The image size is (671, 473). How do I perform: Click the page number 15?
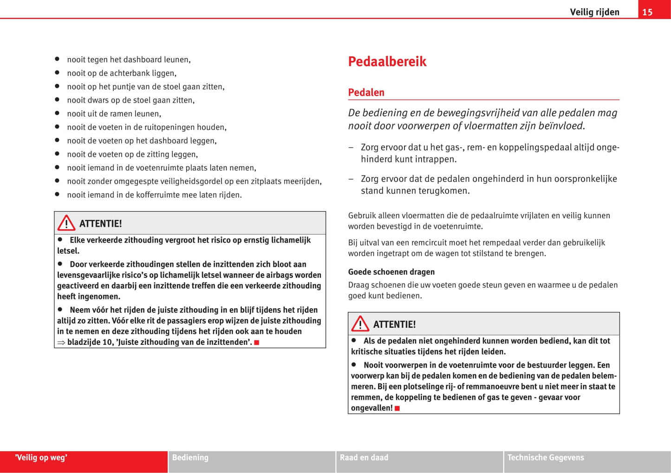coord(647,12)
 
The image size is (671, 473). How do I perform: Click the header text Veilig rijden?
coord(594,12)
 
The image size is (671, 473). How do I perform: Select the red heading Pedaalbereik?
coord(387,62)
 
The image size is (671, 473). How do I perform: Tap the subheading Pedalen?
coord(366,92)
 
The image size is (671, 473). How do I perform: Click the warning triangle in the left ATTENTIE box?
coord(66,223)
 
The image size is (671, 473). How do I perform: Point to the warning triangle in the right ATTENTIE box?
coord(360,324)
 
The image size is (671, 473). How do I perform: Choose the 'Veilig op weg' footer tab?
coord(41,458)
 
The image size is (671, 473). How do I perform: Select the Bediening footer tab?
coord(190,458)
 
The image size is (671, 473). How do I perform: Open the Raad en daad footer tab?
coord(364,458)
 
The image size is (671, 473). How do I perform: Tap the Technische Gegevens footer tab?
coord(546,458)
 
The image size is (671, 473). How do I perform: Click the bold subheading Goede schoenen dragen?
coord(391,272)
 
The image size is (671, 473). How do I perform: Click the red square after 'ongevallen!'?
coord(397,408)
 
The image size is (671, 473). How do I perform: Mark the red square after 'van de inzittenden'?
coord(256,343)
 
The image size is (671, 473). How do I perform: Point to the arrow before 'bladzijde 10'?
coord(61,343)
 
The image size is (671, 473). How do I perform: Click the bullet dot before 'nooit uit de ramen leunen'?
coord(57,113)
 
